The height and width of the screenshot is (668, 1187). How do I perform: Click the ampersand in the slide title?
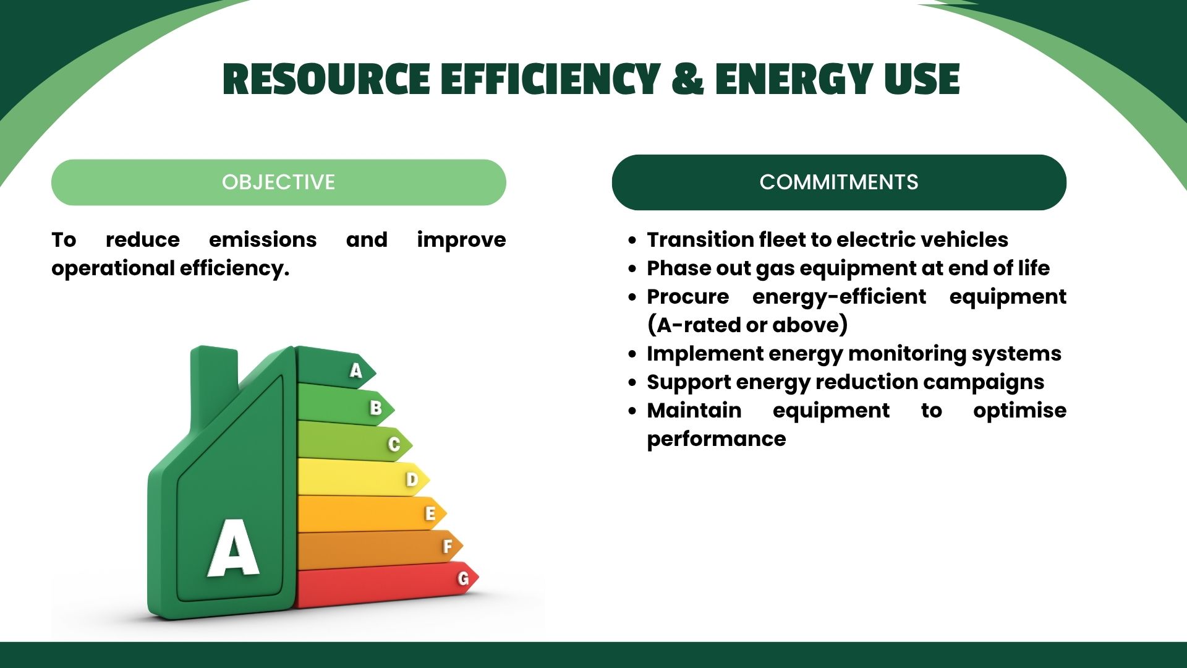687,79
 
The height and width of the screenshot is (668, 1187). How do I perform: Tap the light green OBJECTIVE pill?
279,182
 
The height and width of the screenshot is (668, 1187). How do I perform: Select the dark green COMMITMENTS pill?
839,182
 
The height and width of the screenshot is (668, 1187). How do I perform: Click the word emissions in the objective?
263,239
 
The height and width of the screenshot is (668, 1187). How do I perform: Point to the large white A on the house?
233,547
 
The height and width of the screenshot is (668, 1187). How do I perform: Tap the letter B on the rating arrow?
375,408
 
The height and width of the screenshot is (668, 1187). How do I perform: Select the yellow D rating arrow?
363,477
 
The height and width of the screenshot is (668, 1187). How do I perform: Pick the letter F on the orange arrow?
448,546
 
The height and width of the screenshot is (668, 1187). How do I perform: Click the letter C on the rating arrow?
394,444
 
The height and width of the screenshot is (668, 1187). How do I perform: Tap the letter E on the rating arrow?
430,513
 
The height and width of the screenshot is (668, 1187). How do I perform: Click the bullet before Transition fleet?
632,240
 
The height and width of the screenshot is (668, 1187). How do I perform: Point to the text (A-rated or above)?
747,325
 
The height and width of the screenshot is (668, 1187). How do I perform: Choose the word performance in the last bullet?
717,439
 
